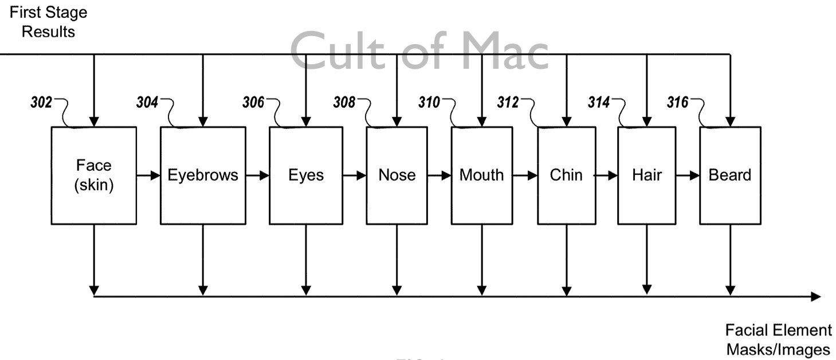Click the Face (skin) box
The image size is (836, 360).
point(93,175)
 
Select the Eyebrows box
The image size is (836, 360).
point(203,175)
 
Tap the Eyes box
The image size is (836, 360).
point(305,175)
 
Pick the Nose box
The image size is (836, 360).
point(397,175)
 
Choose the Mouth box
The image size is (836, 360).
point(481,175)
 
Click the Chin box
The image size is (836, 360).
point(566,175)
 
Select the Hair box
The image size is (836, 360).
point(646,175)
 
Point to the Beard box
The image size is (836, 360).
point(730,175)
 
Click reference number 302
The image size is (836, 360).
point(41,103)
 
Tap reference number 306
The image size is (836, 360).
point(253,103)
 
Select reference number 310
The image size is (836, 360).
point(429,103)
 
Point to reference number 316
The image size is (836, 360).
point(678,103)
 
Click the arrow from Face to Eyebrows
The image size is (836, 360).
point(148,175)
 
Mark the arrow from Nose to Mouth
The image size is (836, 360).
point(439,175)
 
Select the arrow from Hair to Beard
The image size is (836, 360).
point(688,175)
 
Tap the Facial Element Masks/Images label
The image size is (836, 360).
point(778,340)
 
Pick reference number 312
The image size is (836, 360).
point(507,103)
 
